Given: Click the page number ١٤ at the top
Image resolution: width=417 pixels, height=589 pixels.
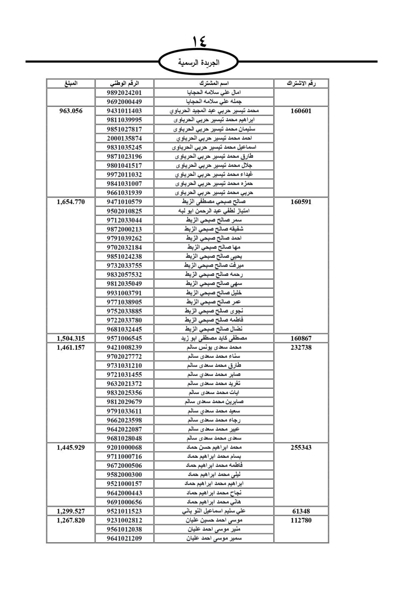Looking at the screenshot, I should coord(199,42).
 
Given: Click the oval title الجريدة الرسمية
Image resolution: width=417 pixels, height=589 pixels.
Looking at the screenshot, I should coord(199,63).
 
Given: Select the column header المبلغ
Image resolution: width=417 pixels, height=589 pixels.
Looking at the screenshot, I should coord(70,83).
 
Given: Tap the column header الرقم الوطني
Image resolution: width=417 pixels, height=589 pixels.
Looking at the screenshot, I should coord(124,83).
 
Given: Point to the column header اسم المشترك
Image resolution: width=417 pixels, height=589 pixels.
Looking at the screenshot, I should coord(214,83).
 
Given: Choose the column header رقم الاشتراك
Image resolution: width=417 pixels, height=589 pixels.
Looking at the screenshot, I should coord(301,83).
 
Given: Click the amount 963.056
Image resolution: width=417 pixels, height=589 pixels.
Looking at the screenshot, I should coord(70,111).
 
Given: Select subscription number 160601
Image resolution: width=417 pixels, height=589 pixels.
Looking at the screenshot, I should coord(301,111).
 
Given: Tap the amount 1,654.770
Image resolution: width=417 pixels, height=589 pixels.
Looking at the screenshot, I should coord(70,202).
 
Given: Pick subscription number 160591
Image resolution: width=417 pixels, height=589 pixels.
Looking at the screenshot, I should coord(301,202).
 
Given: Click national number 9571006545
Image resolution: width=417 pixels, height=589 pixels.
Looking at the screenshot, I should coord(124,339).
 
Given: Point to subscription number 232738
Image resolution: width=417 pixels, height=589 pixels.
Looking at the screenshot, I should coord(301,348).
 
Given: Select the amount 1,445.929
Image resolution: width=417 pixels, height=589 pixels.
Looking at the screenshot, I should coord(70,448).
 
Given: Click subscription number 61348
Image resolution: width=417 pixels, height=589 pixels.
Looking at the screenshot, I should coord(301,512).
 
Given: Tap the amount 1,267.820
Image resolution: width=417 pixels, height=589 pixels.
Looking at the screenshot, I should coord(70,520).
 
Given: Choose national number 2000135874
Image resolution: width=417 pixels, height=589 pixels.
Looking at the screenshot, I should coord(124,138).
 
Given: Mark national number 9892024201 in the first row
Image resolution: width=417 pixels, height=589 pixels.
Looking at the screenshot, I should coord(124,92).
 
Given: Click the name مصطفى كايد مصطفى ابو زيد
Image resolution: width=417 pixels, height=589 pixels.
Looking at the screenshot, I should coord(214,339).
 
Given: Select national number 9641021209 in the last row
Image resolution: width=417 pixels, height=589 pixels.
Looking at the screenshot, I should coord(124,539).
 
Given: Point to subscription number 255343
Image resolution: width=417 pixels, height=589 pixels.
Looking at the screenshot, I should coord(301,448).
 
